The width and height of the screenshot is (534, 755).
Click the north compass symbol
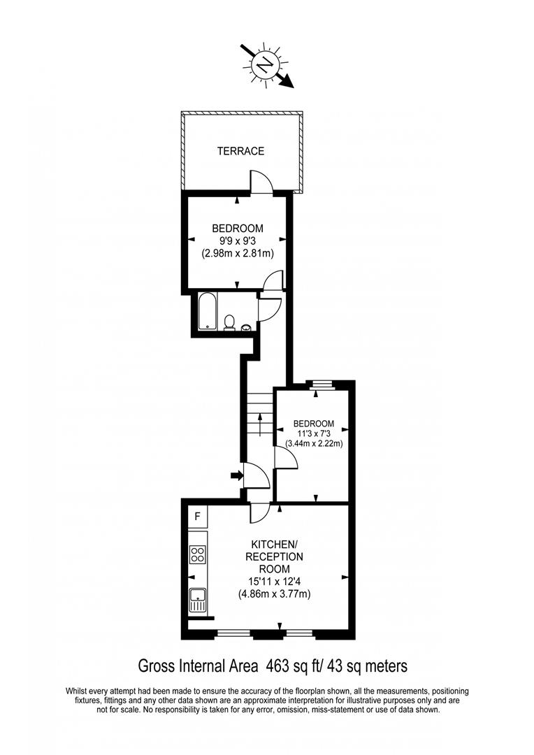(264, 66)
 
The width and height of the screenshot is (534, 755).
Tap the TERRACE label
(240, 151)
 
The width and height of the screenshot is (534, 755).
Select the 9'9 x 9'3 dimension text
(238, 241)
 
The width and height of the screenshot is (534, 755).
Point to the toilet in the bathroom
(229, 322)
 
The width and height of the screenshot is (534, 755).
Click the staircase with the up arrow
(259, 415)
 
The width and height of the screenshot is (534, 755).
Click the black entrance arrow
(236, 476)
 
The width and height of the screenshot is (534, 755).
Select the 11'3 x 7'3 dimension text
(314, 433)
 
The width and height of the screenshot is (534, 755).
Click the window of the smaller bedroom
(322, 383)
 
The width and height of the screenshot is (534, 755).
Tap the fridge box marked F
(198, 517)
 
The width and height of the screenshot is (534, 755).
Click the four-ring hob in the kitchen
(198, 555)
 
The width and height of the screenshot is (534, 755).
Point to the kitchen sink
(198, 598)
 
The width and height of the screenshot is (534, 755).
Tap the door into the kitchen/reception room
(260, 512)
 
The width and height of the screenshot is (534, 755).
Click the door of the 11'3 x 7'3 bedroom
(286, 459)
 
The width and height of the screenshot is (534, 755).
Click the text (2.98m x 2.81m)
(238, 254)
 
